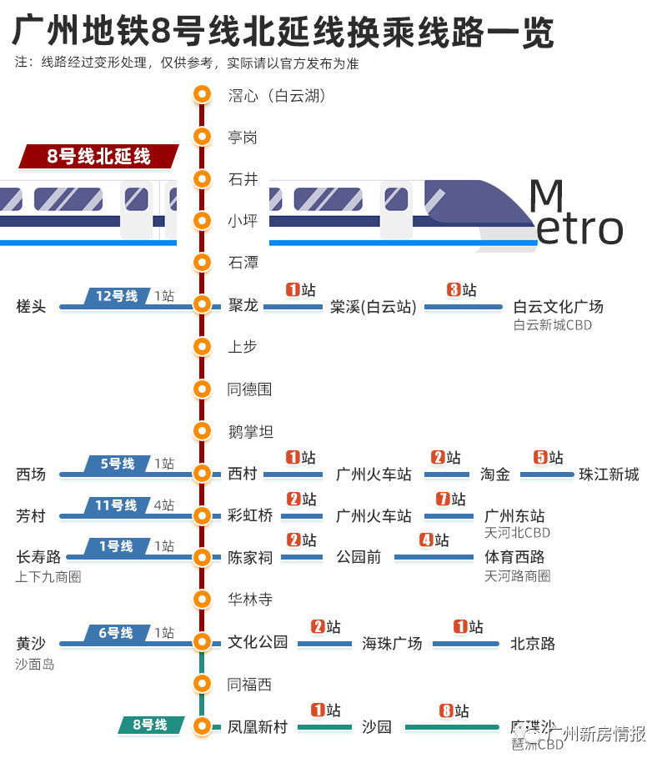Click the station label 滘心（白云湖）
276,95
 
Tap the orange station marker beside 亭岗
201,137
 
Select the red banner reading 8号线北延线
98,156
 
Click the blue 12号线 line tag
116,296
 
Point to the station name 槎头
31,307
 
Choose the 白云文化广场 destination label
558,306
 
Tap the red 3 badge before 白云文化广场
454,290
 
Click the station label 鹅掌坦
250,431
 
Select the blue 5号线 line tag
116,464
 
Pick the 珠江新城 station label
609,474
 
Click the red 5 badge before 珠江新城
540,458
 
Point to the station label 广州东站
514,515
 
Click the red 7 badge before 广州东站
444,499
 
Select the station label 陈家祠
250,557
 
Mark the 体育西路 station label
514,556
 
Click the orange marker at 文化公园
201,641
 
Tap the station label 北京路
532,643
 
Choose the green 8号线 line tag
149,725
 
